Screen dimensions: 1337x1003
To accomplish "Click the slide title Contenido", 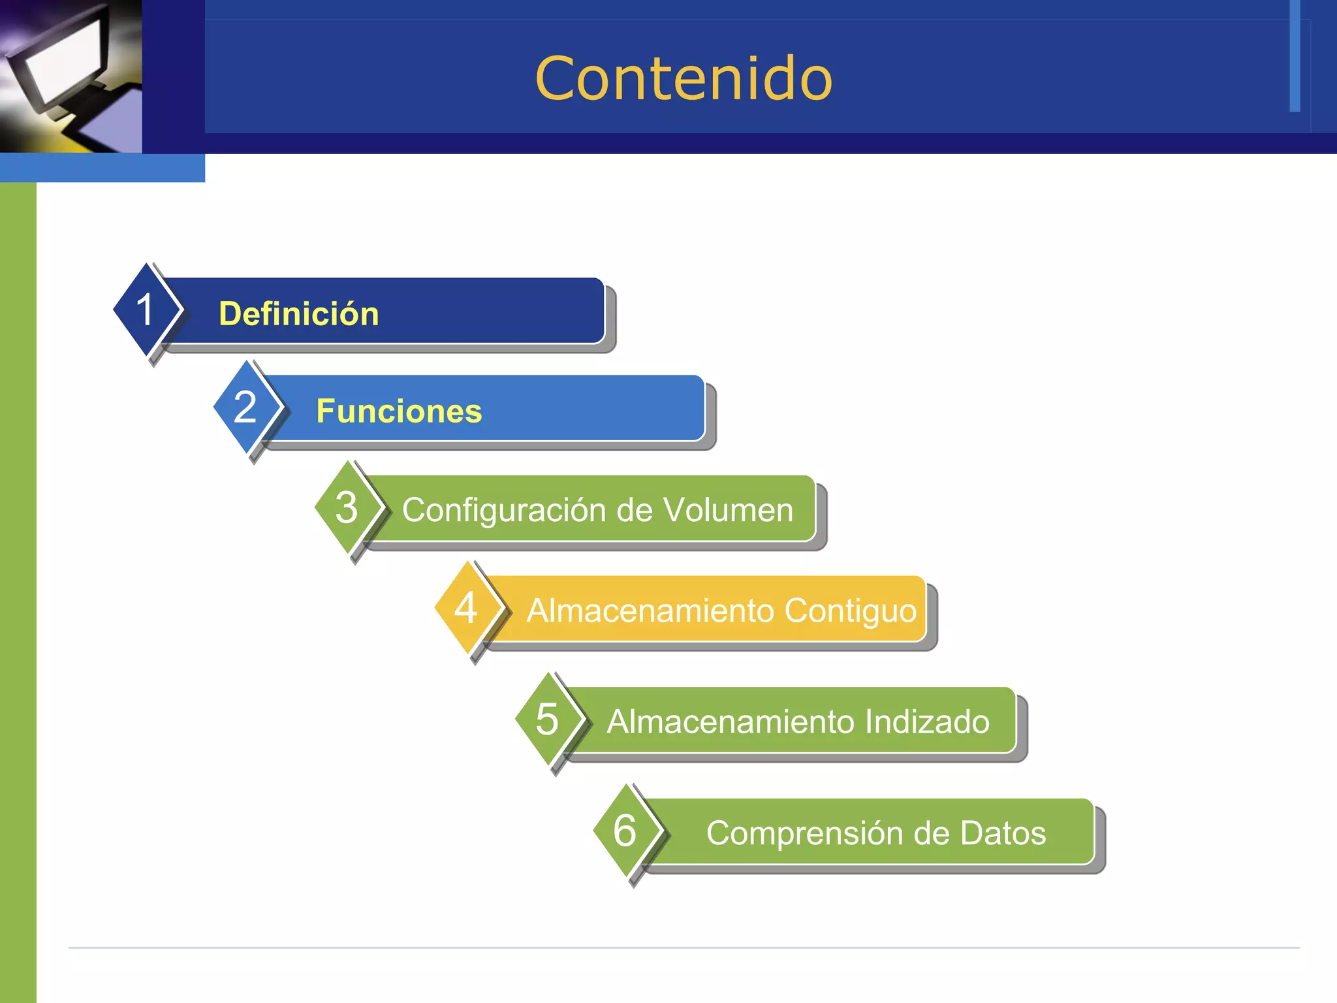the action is (x=684, y=78).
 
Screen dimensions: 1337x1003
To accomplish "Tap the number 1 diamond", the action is (x=145, y=310).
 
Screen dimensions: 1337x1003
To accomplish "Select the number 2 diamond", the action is (x=245, y=407).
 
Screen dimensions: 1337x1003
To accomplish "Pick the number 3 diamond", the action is (x=347, y=507).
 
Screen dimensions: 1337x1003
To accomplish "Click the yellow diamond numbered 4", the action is (x=465, y=608).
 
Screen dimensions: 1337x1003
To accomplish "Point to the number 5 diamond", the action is (x=547, y=720).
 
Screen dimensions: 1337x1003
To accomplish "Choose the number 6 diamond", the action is (x=625, y=831).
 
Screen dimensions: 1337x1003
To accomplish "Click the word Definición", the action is (x=299, y=314).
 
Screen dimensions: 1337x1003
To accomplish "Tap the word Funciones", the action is (x=399, y=411).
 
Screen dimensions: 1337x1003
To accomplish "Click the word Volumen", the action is (x=728, y=510).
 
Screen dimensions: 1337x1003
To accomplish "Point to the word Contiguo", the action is (x=851, y=611).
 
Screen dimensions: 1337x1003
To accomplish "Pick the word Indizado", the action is (x=927, y=722).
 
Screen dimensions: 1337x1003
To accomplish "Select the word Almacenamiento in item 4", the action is (x=650, y=611).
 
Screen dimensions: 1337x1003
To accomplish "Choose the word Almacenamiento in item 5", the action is (x=731, y=722).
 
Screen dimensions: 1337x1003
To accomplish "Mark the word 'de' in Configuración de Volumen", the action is (x=634, y=510).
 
